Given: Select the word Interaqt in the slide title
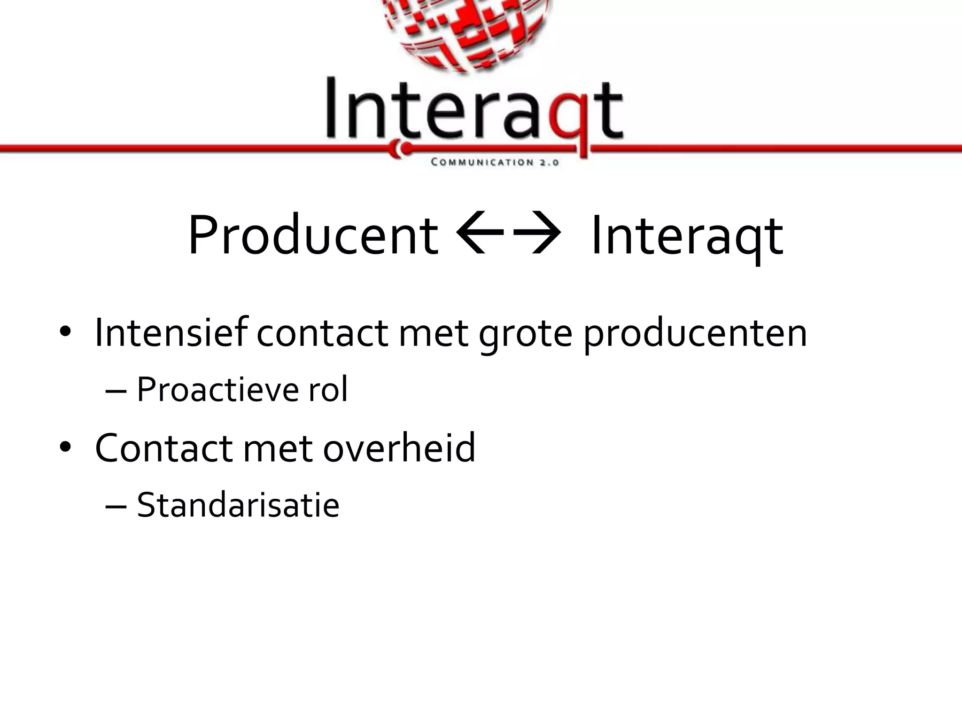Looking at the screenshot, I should click(687, 235).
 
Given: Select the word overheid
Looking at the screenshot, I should click(399, 447).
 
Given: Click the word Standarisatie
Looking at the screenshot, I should click(238, 505).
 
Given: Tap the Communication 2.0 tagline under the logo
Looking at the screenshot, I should click(495, 163).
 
